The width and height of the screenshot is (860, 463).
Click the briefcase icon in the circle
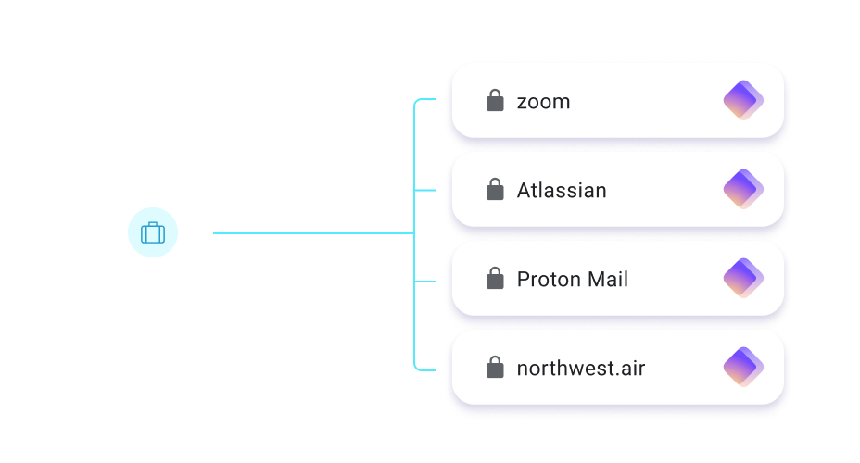152,232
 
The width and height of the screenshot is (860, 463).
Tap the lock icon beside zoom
495,100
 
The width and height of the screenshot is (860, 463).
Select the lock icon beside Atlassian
495,190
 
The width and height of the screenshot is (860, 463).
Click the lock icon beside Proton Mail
495,279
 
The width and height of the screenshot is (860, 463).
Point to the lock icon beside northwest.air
495,368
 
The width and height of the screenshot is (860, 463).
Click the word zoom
543,102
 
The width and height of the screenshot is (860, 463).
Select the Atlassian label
562,191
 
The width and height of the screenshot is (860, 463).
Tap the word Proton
545,280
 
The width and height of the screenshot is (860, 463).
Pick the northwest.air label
581,369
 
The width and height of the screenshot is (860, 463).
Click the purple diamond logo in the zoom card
742,100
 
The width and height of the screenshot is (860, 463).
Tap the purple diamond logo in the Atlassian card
742,190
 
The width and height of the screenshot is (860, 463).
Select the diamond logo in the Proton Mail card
742,279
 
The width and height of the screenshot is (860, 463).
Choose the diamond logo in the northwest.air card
742,368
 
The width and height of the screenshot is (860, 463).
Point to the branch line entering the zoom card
425,100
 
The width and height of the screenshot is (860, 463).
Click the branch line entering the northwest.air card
425,369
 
